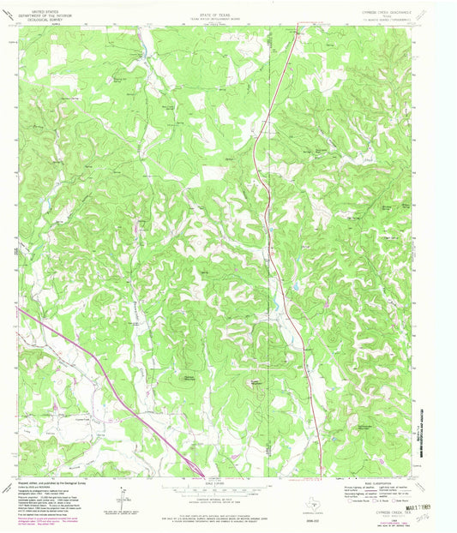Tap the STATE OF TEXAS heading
click(215, 5)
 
